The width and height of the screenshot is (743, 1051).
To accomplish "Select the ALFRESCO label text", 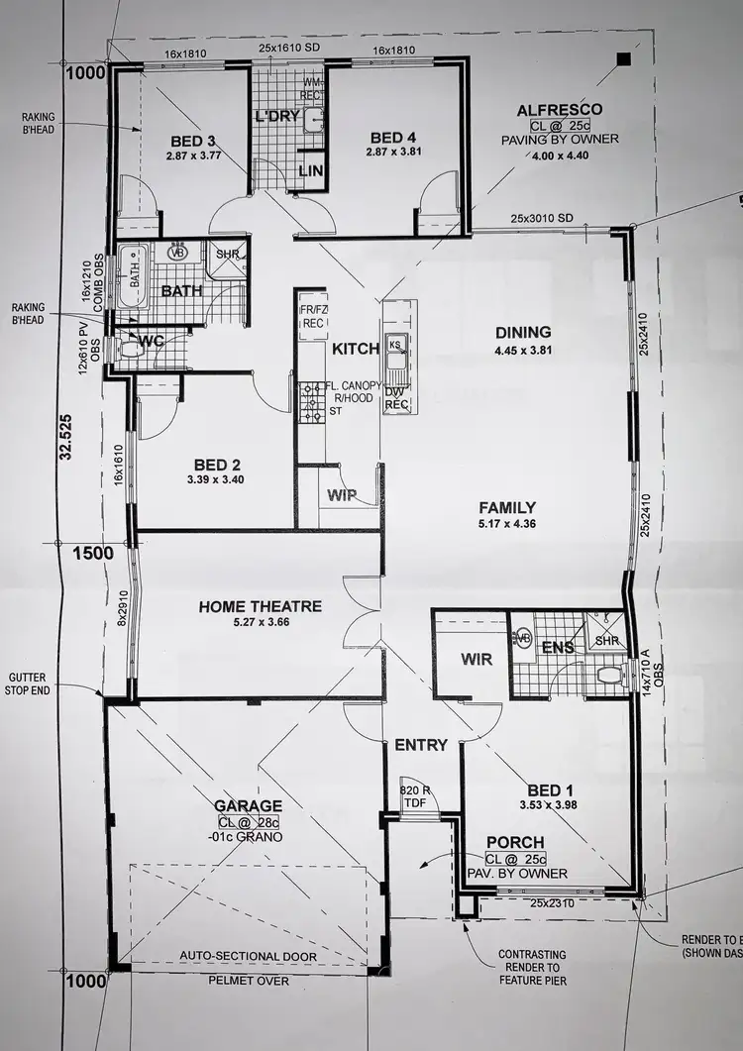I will (566, 109).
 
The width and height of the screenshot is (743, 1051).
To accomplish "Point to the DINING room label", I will (524, 333).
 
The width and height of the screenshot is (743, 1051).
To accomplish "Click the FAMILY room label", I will (505, 507).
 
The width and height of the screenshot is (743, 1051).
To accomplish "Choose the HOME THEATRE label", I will (260, 606).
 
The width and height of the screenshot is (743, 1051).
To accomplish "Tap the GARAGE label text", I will (249, 806).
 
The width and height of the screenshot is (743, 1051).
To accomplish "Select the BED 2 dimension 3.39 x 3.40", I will (214, 480).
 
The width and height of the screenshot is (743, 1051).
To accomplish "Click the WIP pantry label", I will (342, 494).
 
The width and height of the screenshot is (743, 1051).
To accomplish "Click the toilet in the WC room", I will (123, 349).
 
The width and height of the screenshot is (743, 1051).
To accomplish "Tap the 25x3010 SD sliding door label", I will (543, 217).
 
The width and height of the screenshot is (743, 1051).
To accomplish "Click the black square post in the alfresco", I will (622, 59).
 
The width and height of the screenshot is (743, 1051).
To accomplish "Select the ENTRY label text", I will (421, 745).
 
